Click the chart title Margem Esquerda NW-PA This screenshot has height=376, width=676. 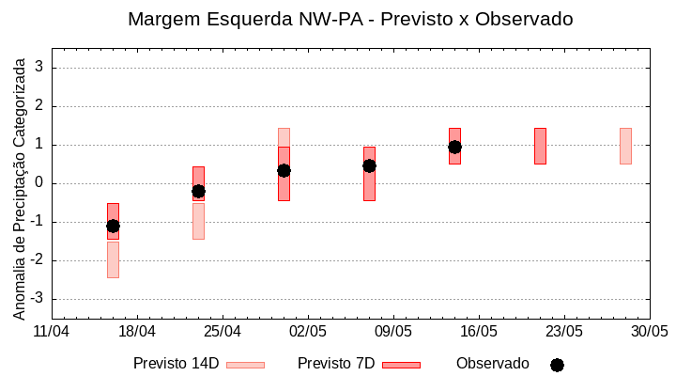pyautogui.click(x=349, y=19)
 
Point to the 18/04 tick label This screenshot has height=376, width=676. pyautogui.click(x=136, y=332)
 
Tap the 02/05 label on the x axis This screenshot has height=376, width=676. pyautogui.click(x=307, y=332)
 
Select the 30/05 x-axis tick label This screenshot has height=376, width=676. pyautogui.click(x=649, y=332)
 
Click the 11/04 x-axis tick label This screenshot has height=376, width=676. pyautogui.click(x=51, y=332)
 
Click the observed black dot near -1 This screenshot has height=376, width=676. pyautogui.click(x=113, y=226)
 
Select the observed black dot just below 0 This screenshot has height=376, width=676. pyautogui.click(x=198, y=191)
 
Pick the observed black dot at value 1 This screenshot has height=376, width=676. pyautogui.click(x=454, y=147)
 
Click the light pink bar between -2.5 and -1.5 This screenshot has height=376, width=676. pyautogui.click(x=113, y=260)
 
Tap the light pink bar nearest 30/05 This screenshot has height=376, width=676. pyautogui.click(x=625, y=146)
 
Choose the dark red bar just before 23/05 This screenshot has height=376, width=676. pyautogui.click(x=540, y=146)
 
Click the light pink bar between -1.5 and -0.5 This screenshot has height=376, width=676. pyautogui.click(x=198, y=222)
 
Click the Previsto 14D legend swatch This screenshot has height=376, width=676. pyautogui.click(x=245, y=365)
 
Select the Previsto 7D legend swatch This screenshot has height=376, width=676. pyautogui.click(x=401, y=365)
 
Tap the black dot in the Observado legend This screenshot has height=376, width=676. pyautogui.click(x=557, y=365)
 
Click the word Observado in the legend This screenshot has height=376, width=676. pyautogui.click(x=492, y=363)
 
